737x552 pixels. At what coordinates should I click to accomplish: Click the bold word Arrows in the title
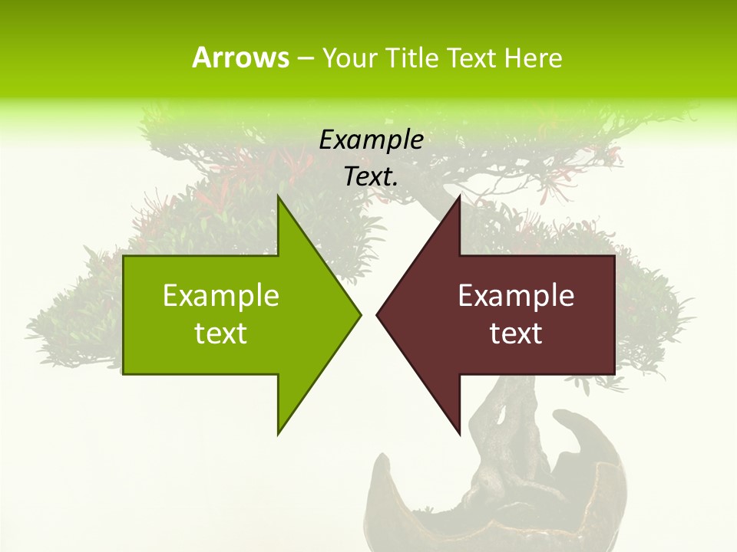[240, 58]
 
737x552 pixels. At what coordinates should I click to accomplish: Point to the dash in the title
[305, 58]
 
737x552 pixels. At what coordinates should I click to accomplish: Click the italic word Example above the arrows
[372, 140]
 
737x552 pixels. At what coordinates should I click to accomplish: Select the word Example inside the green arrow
[221, 296]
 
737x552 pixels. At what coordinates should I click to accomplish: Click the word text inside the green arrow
[221, 333]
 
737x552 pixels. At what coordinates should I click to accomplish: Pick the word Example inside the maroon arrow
[516, 296]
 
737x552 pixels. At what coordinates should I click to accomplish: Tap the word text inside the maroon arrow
[516, 333]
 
